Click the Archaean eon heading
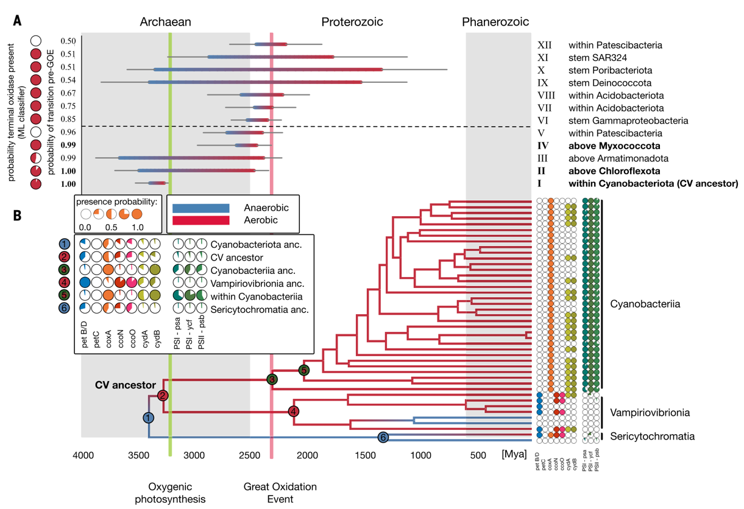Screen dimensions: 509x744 (x=165, y=23)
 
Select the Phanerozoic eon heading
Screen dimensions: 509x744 (x=495, y=23)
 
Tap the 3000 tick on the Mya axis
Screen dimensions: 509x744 (x=194, y=454)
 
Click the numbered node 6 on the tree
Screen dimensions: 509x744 (x=383, y=437)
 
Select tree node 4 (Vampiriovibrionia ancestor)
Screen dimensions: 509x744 (x=294, y=412)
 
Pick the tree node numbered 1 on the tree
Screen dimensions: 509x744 (x=149, y=418)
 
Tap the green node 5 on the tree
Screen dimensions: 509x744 (x=303, y=370)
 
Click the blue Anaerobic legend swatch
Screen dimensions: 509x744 (x=200, y=208)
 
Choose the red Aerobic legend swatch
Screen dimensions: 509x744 (x=200, y=220)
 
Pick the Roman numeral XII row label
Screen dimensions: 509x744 (x=544, y=45)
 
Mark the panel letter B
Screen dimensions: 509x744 (x=18, y=215)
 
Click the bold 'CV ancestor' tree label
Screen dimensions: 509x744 (x=126, y=385)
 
